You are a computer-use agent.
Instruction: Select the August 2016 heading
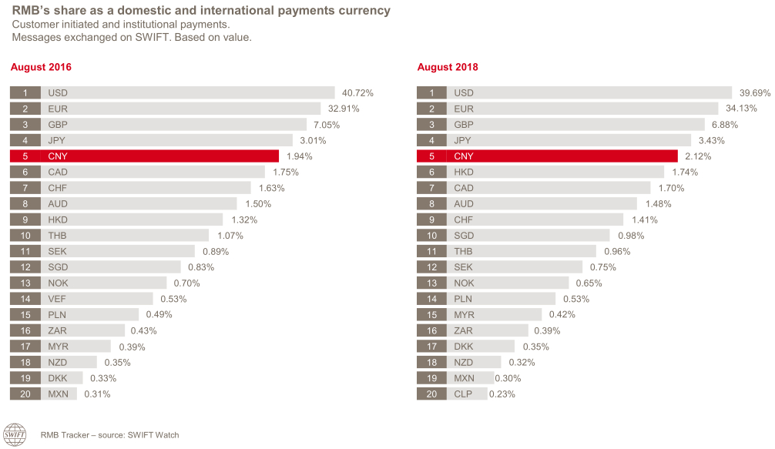(40, 67)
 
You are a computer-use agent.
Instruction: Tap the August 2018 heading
(447, 67)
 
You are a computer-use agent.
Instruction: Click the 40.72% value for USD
(357, 92)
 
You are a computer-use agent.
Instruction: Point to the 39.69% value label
(754, 92)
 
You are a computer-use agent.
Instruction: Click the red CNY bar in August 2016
(159, 156)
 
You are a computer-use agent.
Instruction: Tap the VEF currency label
(57, 299)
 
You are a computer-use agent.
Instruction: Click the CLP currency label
(464, 394)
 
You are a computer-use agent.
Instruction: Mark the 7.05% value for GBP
(324, 125)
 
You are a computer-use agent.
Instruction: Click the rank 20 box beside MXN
(25, 394)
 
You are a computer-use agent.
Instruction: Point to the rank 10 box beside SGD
(431, 236)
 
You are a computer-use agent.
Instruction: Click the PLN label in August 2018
(464, 299)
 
